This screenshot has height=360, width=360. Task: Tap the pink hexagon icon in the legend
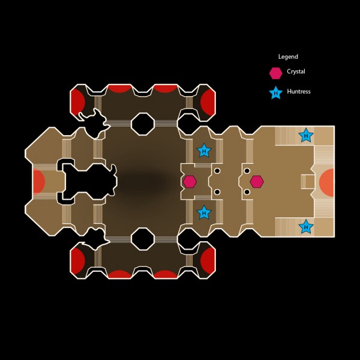pyautogui.click(x=275, y=73)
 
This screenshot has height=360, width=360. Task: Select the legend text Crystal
pyautogui.click(x=296, y=71)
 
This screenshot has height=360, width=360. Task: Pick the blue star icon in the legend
pyautogui.click(x=275, y=93)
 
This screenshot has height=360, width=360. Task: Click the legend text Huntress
pyautogui.click(x=298, y=92)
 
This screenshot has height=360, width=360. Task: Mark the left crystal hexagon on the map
pyautogui.click(x=190, y=181)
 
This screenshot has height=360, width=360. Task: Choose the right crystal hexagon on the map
pyautogui.click(x=257, y=181)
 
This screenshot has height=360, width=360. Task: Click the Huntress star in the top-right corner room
pyautogui.click(x=306, y=136)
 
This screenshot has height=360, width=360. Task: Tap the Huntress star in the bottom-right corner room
pyautogui.click(x=306, y=226)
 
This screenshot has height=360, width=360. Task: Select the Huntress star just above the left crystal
pyautogui.click(x=204, y=151)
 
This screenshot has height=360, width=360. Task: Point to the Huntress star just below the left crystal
pyautogui.click(x=204, y=212)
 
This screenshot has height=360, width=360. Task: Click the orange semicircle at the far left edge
pyautogui.click(x=38, y=181)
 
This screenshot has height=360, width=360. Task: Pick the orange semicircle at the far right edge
pyautogui.click(x=328, y=181)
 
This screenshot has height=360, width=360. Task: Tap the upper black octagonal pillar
pyautogui.click(x=143, y=124)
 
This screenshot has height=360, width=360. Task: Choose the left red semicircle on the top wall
pyautogui.click(x=119, y=89)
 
